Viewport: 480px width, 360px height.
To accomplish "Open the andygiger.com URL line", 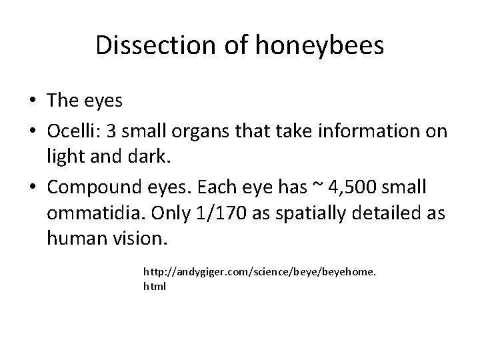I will [x=260, y=273].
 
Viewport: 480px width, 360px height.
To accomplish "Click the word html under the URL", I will [x=155, y=286].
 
